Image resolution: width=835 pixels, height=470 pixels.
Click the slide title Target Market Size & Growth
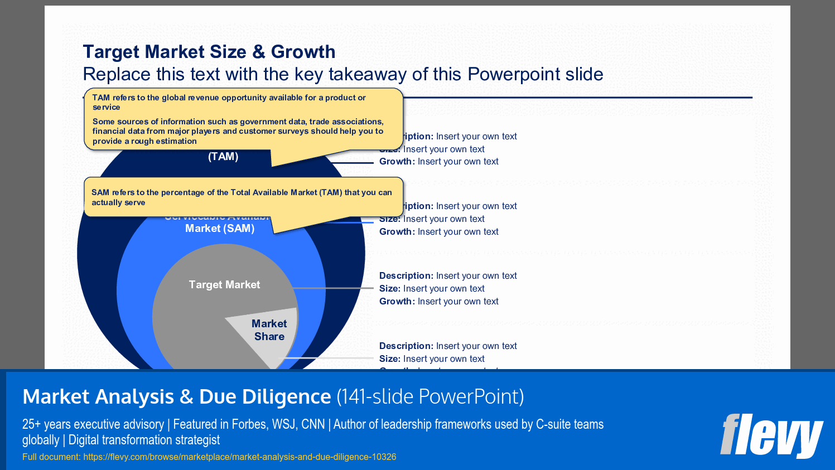(209, 52)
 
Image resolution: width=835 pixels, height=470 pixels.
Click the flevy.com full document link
(239, 457)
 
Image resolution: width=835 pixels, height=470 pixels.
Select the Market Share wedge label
(269, 330)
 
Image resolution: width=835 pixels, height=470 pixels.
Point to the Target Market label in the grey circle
(224, 285)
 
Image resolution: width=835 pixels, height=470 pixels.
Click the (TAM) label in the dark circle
(223, 157)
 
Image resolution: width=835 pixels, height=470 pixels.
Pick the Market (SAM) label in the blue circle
(220, 229)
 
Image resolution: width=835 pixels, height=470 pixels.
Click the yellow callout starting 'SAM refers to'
(243, 197)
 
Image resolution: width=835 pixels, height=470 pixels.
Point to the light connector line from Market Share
(329, 358)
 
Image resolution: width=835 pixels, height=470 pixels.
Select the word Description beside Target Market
(406, 276)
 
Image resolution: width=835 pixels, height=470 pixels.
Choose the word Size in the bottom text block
(389, 359)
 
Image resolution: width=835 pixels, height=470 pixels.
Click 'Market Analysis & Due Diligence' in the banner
(177, 397)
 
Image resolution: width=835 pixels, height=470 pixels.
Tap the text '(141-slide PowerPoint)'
(430, 397)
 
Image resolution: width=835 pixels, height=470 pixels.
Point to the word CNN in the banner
(313, 425)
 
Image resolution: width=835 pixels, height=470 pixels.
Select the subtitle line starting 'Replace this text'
(342, 74)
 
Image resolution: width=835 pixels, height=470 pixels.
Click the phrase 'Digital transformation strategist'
(144, 440)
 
